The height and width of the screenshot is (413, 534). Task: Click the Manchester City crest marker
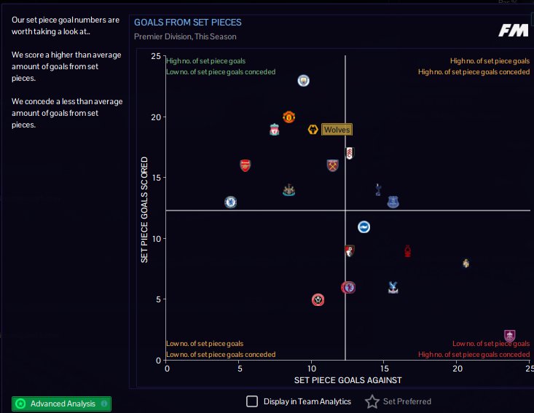(x=304, y=80)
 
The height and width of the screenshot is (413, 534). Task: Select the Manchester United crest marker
(x=288, y=117)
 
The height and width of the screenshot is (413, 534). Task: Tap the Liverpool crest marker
(x=274, y=130)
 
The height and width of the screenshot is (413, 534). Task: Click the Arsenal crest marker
(x=246, y=165)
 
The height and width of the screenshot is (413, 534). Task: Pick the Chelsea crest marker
(x=230, y=202)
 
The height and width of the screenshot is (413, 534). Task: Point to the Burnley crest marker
(x=510, y=336)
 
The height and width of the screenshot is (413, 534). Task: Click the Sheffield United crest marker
(x=318, y=299)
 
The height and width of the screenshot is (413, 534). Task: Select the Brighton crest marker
(x=364, y=227)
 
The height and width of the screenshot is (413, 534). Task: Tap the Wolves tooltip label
(x=337, y=130)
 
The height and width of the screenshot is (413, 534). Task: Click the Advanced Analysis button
(x=62, y=404)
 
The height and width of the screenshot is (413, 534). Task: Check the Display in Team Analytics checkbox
(x=252, y=401)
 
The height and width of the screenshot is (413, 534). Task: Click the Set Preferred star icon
(x=372, y=401)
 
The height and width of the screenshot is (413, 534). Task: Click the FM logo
(x=514, y=30)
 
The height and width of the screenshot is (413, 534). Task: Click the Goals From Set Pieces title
(x=187, y=23)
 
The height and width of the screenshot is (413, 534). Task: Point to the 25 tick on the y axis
(x=156, y=56)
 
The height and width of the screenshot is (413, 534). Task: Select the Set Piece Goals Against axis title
(x=348, y=380)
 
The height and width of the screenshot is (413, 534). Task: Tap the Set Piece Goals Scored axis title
(x=145, y=209)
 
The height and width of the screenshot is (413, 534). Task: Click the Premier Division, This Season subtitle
(x=185, y=36)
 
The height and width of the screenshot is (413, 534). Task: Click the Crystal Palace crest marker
(x=393, y=287)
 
